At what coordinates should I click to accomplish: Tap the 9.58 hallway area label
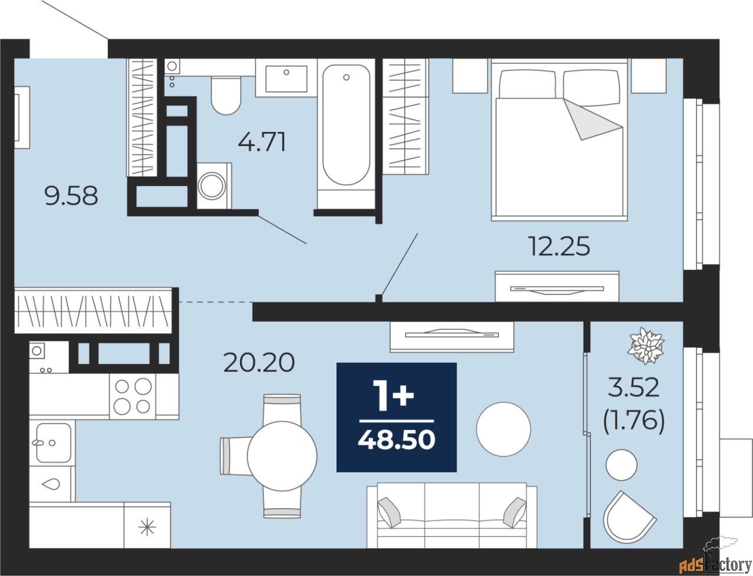coord(71,196)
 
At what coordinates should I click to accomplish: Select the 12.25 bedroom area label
coord(560,246)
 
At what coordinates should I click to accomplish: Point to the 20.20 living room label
coord(259,363)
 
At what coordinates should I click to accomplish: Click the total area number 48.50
coord(397,440)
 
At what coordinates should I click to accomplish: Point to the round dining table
coord(282,456)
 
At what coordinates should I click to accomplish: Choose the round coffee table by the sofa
coord(503,429)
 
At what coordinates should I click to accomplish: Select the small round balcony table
coord(621,465)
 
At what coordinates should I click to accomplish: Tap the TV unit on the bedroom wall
coord(557,287)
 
